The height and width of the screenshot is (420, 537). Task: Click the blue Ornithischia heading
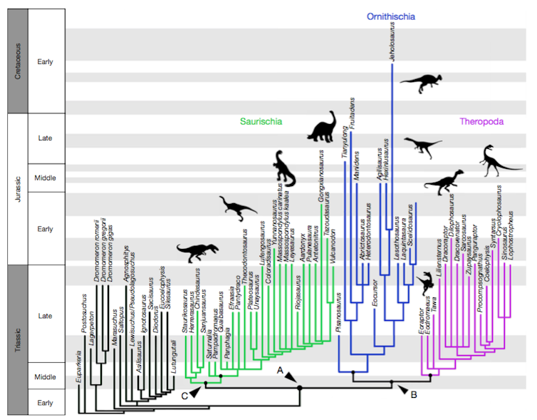(390, 16)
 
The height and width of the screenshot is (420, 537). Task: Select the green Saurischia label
(261, 122)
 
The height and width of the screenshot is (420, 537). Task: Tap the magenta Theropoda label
(481, 122)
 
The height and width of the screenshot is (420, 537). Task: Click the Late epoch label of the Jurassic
(45, 138)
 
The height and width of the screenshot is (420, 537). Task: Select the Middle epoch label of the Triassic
(45, 375)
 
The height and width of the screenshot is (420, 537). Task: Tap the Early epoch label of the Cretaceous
(45, 61)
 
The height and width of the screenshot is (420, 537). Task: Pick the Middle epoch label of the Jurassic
(45, 178)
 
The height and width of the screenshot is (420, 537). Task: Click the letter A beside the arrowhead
(281, 371)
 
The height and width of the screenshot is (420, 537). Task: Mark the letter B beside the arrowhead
(414, 393)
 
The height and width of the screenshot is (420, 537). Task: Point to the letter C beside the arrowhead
(184, 394)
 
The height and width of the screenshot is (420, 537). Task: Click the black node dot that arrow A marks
(300, 388)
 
